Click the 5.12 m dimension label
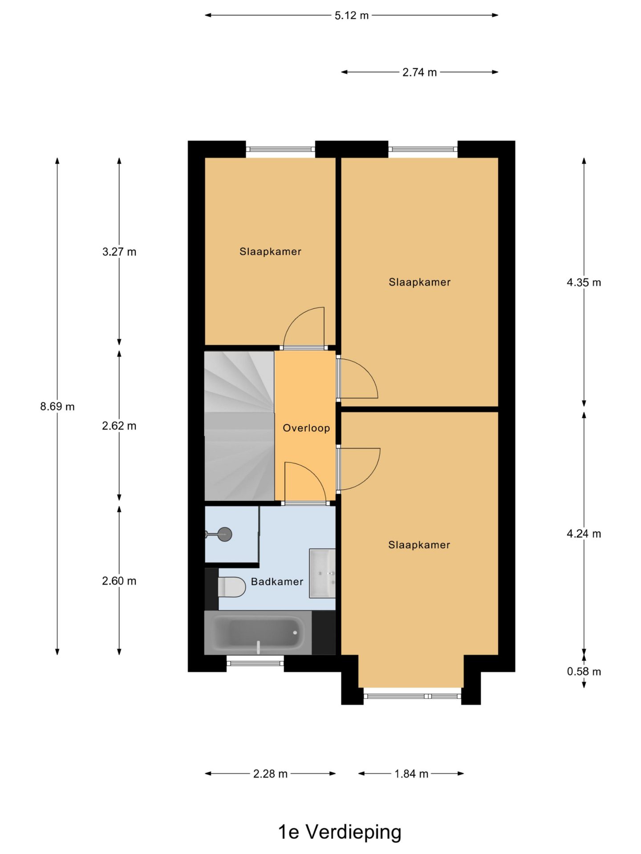coord(352,16)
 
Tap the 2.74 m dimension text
coord(419,73)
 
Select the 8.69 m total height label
coord(57,407)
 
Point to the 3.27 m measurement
coord(119,252)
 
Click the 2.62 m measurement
coord(119,426)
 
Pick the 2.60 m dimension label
coord(119,581)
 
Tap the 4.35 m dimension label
coord(584,282)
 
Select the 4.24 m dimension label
coord(584,534)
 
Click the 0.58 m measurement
coord(584,672)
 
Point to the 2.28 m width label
coord(270,774)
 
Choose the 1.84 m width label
coord(411,774)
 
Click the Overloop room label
coord(306,428)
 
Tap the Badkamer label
coord(277,582)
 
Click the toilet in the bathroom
coord(231,587)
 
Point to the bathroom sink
coord(322,573)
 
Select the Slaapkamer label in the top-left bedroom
coord(270,252)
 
